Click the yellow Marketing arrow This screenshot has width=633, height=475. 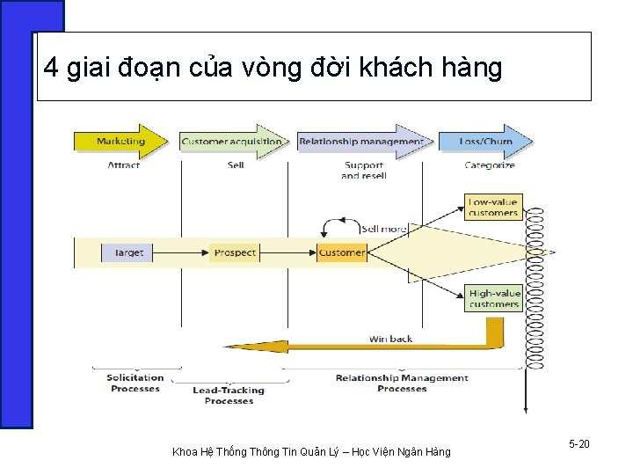[121, 142]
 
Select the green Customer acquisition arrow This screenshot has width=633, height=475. [232, 142]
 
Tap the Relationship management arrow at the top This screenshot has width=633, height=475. [361, 142]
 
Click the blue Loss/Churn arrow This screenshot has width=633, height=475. [486, 142]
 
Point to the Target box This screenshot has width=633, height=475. [128, 252]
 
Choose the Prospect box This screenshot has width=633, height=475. [235, 252]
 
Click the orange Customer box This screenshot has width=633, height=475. [341, 252]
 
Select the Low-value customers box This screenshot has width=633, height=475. [493, 208]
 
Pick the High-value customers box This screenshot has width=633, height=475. [494, 299]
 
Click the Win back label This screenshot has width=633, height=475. [389, 339]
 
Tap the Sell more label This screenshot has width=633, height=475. [382, 229]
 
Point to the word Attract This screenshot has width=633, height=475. [124, 164]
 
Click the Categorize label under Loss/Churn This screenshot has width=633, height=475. [490, 164]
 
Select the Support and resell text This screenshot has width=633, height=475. [363, 170]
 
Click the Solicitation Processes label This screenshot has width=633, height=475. [135, 383]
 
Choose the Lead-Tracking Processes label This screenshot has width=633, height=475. [229, 395]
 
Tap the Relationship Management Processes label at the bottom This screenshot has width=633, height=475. [402, 383]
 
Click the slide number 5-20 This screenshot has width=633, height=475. [578, 444]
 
